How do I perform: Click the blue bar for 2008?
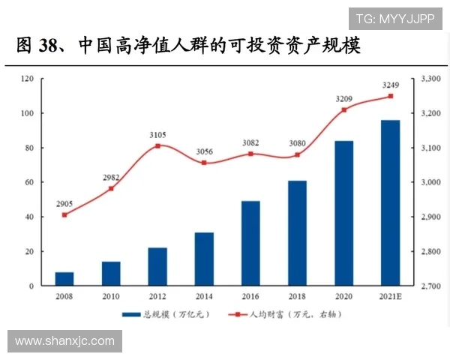pyautogui.click(x=64, y=278)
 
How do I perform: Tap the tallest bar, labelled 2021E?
pyautogui.click(x=390, y=202)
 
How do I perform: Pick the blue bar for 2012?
pyautogui.click(x=157, y=266)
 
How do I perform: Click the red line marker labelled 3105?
pyautogui.click(x=157, y=145)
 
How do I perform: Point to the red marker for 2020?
pyautogui.click(x=344, y=110)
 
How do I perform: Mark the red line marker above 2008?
pyautogui.click(x=64, y=214)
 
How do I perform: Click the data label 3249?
pyautogui.click(x=390, y=85)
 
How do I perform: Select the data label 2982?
pyautogui.click(x=110, y=177)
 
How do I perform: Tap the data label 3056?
pyautogui.click(x=204, y=151)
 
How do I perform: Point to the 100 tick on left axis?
pyautogui.click(x=27, y=113)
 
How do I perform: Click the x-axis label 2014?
pyautogui.click(x=204, y=297)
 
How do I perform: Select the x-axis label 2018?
pyautogui.click(x=297, y=297)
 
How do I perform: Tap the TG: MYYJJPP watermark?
pyautogui.click(x=395, y=17)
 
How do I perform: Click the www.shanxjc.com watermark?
pyautogui.click(x=65, y=341)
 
